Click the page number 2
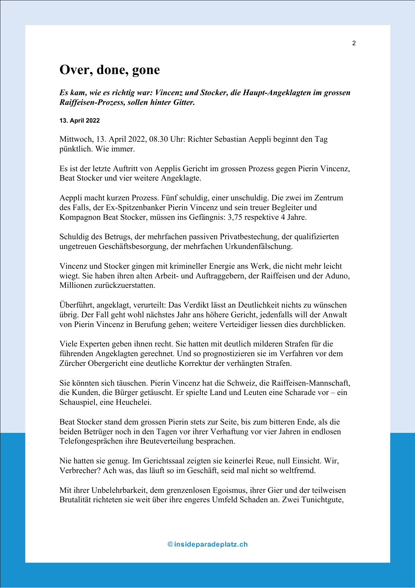coord(354,43)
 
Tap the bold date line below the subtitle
coord(80,121)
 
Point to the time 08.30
coord(159,139)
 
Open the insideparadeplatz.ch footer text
coord(207,544)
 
